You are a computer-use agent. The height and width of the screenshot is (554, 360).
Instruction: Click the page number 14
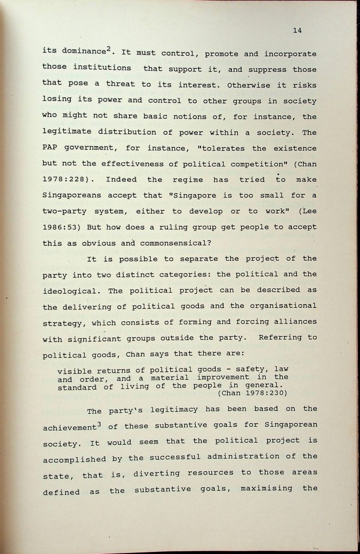coord(297,30)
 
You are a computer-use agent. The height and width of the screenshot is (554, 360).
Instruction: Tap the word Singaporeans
coord(71,195)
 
